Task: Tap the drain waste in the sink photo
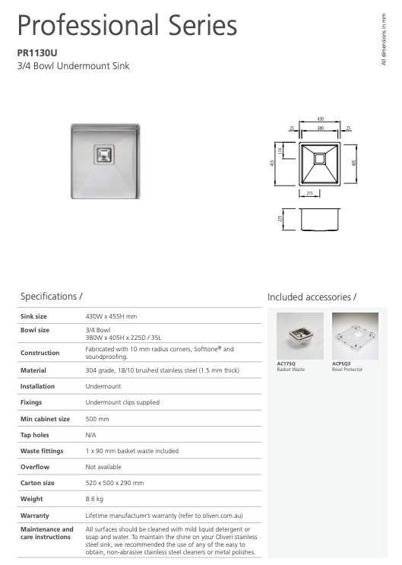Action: tap(102, 154)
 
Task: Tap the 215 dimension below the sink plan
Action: tap(310, 195)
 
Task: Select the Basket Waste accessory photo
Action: tap(299, 335)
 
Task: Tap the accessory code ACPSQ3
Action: tap(342, 364)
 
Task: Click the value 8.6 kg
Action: tap(94, 499)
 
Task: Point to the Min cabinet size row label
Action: tap(45, 419)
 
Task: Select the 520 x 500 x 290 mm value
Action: tap(115, 483)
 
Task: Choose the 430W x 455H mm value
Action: tap(112, 316)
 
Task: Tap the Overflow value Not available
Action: tap(103, 467)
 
